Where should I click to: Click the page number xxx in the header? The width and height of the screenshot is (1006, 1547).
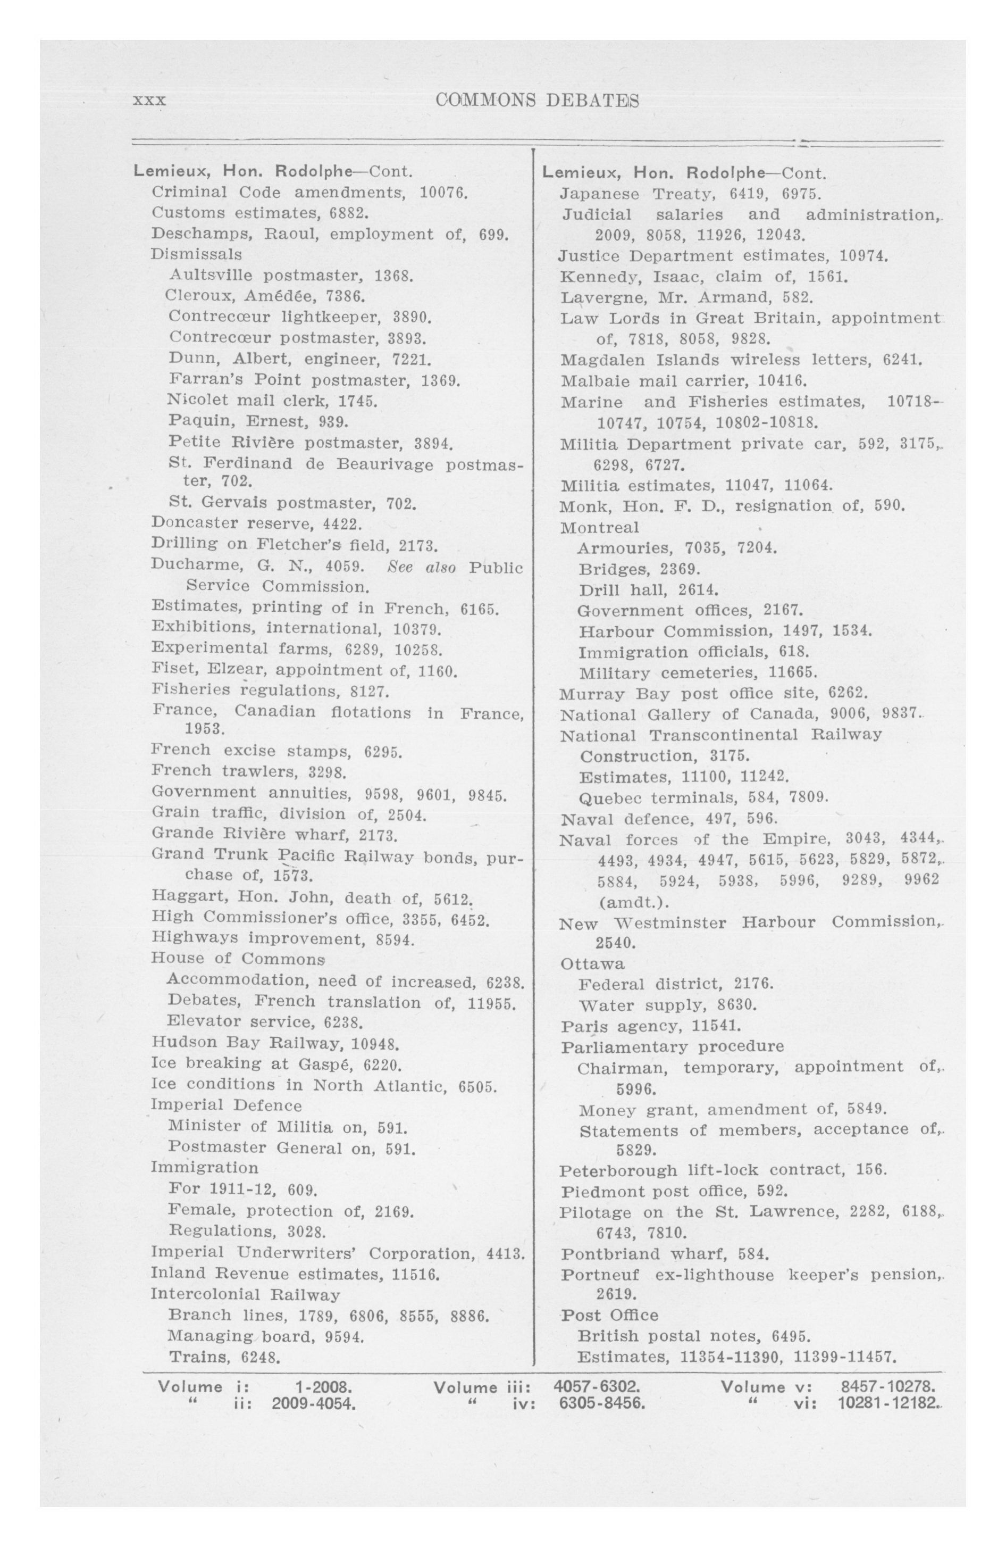coord(149,101)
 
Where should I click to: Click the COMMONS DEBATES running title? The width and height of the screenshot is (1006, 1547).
coord(537,100)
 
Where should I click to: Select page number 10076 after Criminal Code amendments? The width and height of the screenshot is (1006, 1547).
coord(444,193)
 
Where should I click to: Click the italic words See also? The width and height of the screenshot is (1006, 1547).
coord(421,567)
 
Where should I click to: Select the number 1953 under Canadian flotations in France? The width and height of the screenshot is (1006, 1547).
coord(205,729)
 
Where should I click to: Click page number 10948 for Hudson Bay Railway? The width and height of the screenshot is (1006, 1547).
coord(375,1043)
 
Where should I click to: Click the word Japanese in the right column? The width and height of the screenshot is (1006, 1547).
coord(599,194)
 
